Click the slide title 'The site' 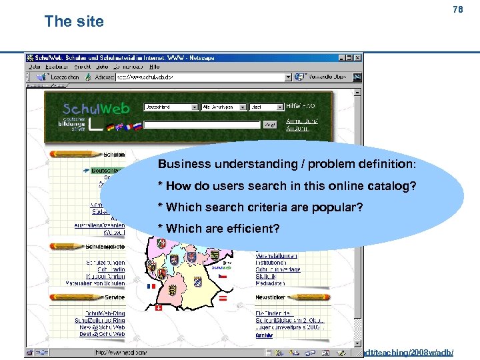click(74, 21)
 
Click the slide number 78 click(457, 9)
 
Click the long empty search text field click(201, 124)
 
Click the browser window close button click(359, 58)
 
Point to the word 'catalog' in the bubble click(392, 186)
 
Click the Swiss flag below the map click(158, 309)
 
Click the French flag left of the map click(151, 285)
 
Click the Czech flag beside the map click(224, 274)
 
